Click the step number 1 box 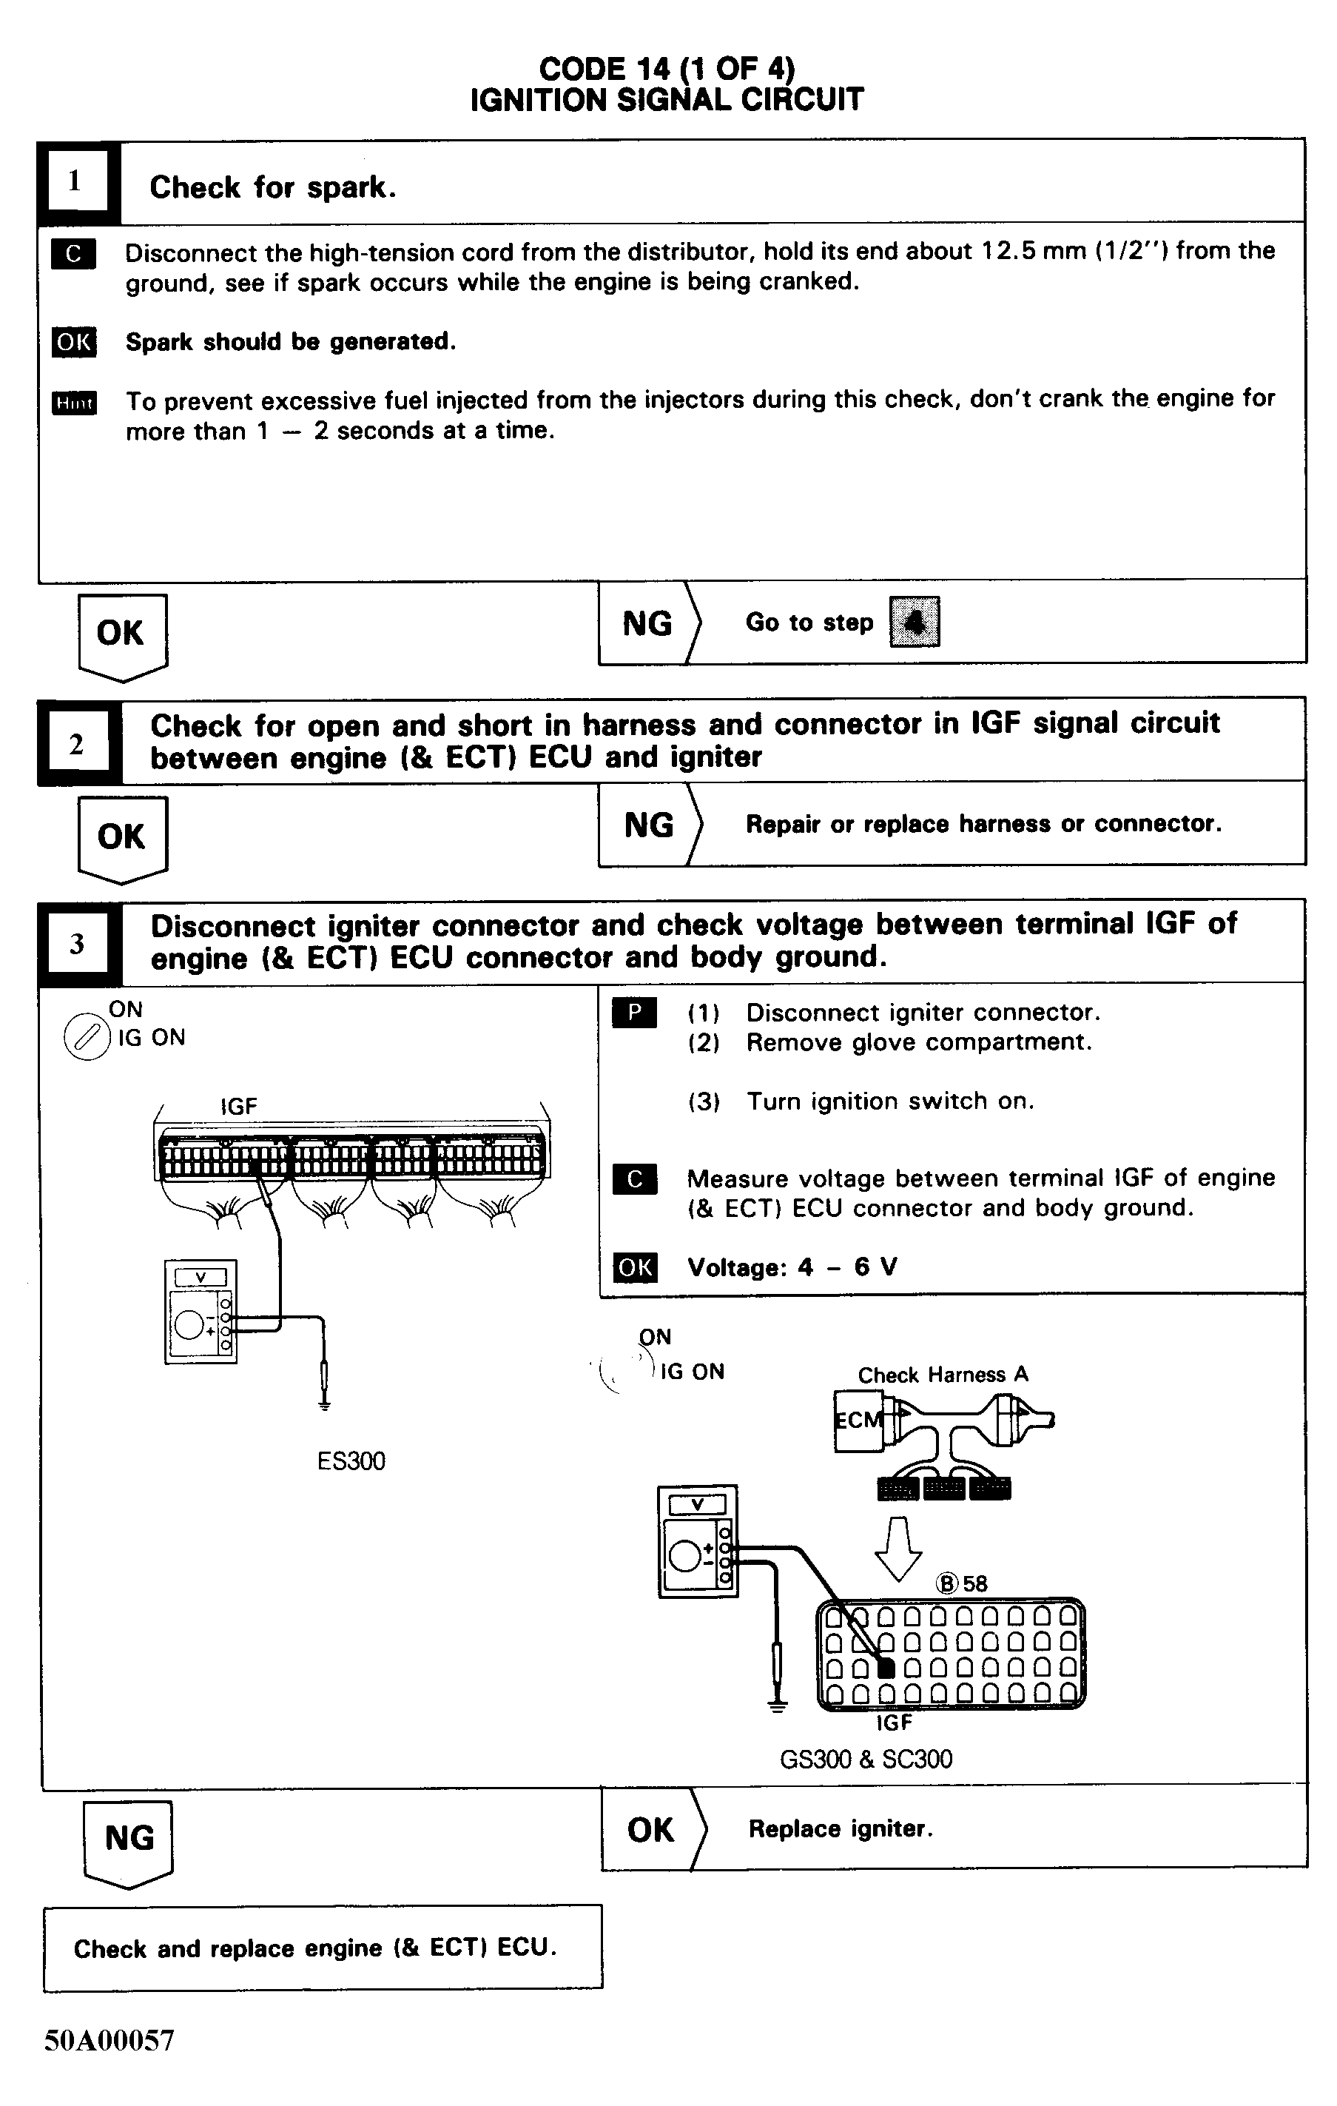pyautogui.click(x=75, y=181)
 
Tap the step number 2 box pyautogui.click(x=76, y=744)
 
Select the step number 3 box pyautogui.click(x=77, y=944)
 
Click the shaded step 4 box pyautogui.click(x=914, y=622)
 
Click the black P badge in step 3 pyautogui.click(x=635, y=1013)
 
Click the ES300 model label pyautogui.click(x=351, y=1461)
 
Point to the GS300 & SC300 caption pyautogui.click(x=866, y=1759)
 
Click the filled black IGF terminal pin pyautogui.click(x=886, y=1668)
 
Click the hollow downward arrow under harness pyautogui.click(x=898, y=1548)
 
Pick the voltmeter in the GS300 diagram pyautogui.click(x=697, y=1541)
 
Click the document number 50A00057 pyautogui.click(x=110, y=2039)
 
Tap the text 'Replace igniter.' pyautogui.click(x=841, y=1828)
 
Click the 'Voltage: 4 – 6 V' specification pyautogui.click(x=792, y=1267)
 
